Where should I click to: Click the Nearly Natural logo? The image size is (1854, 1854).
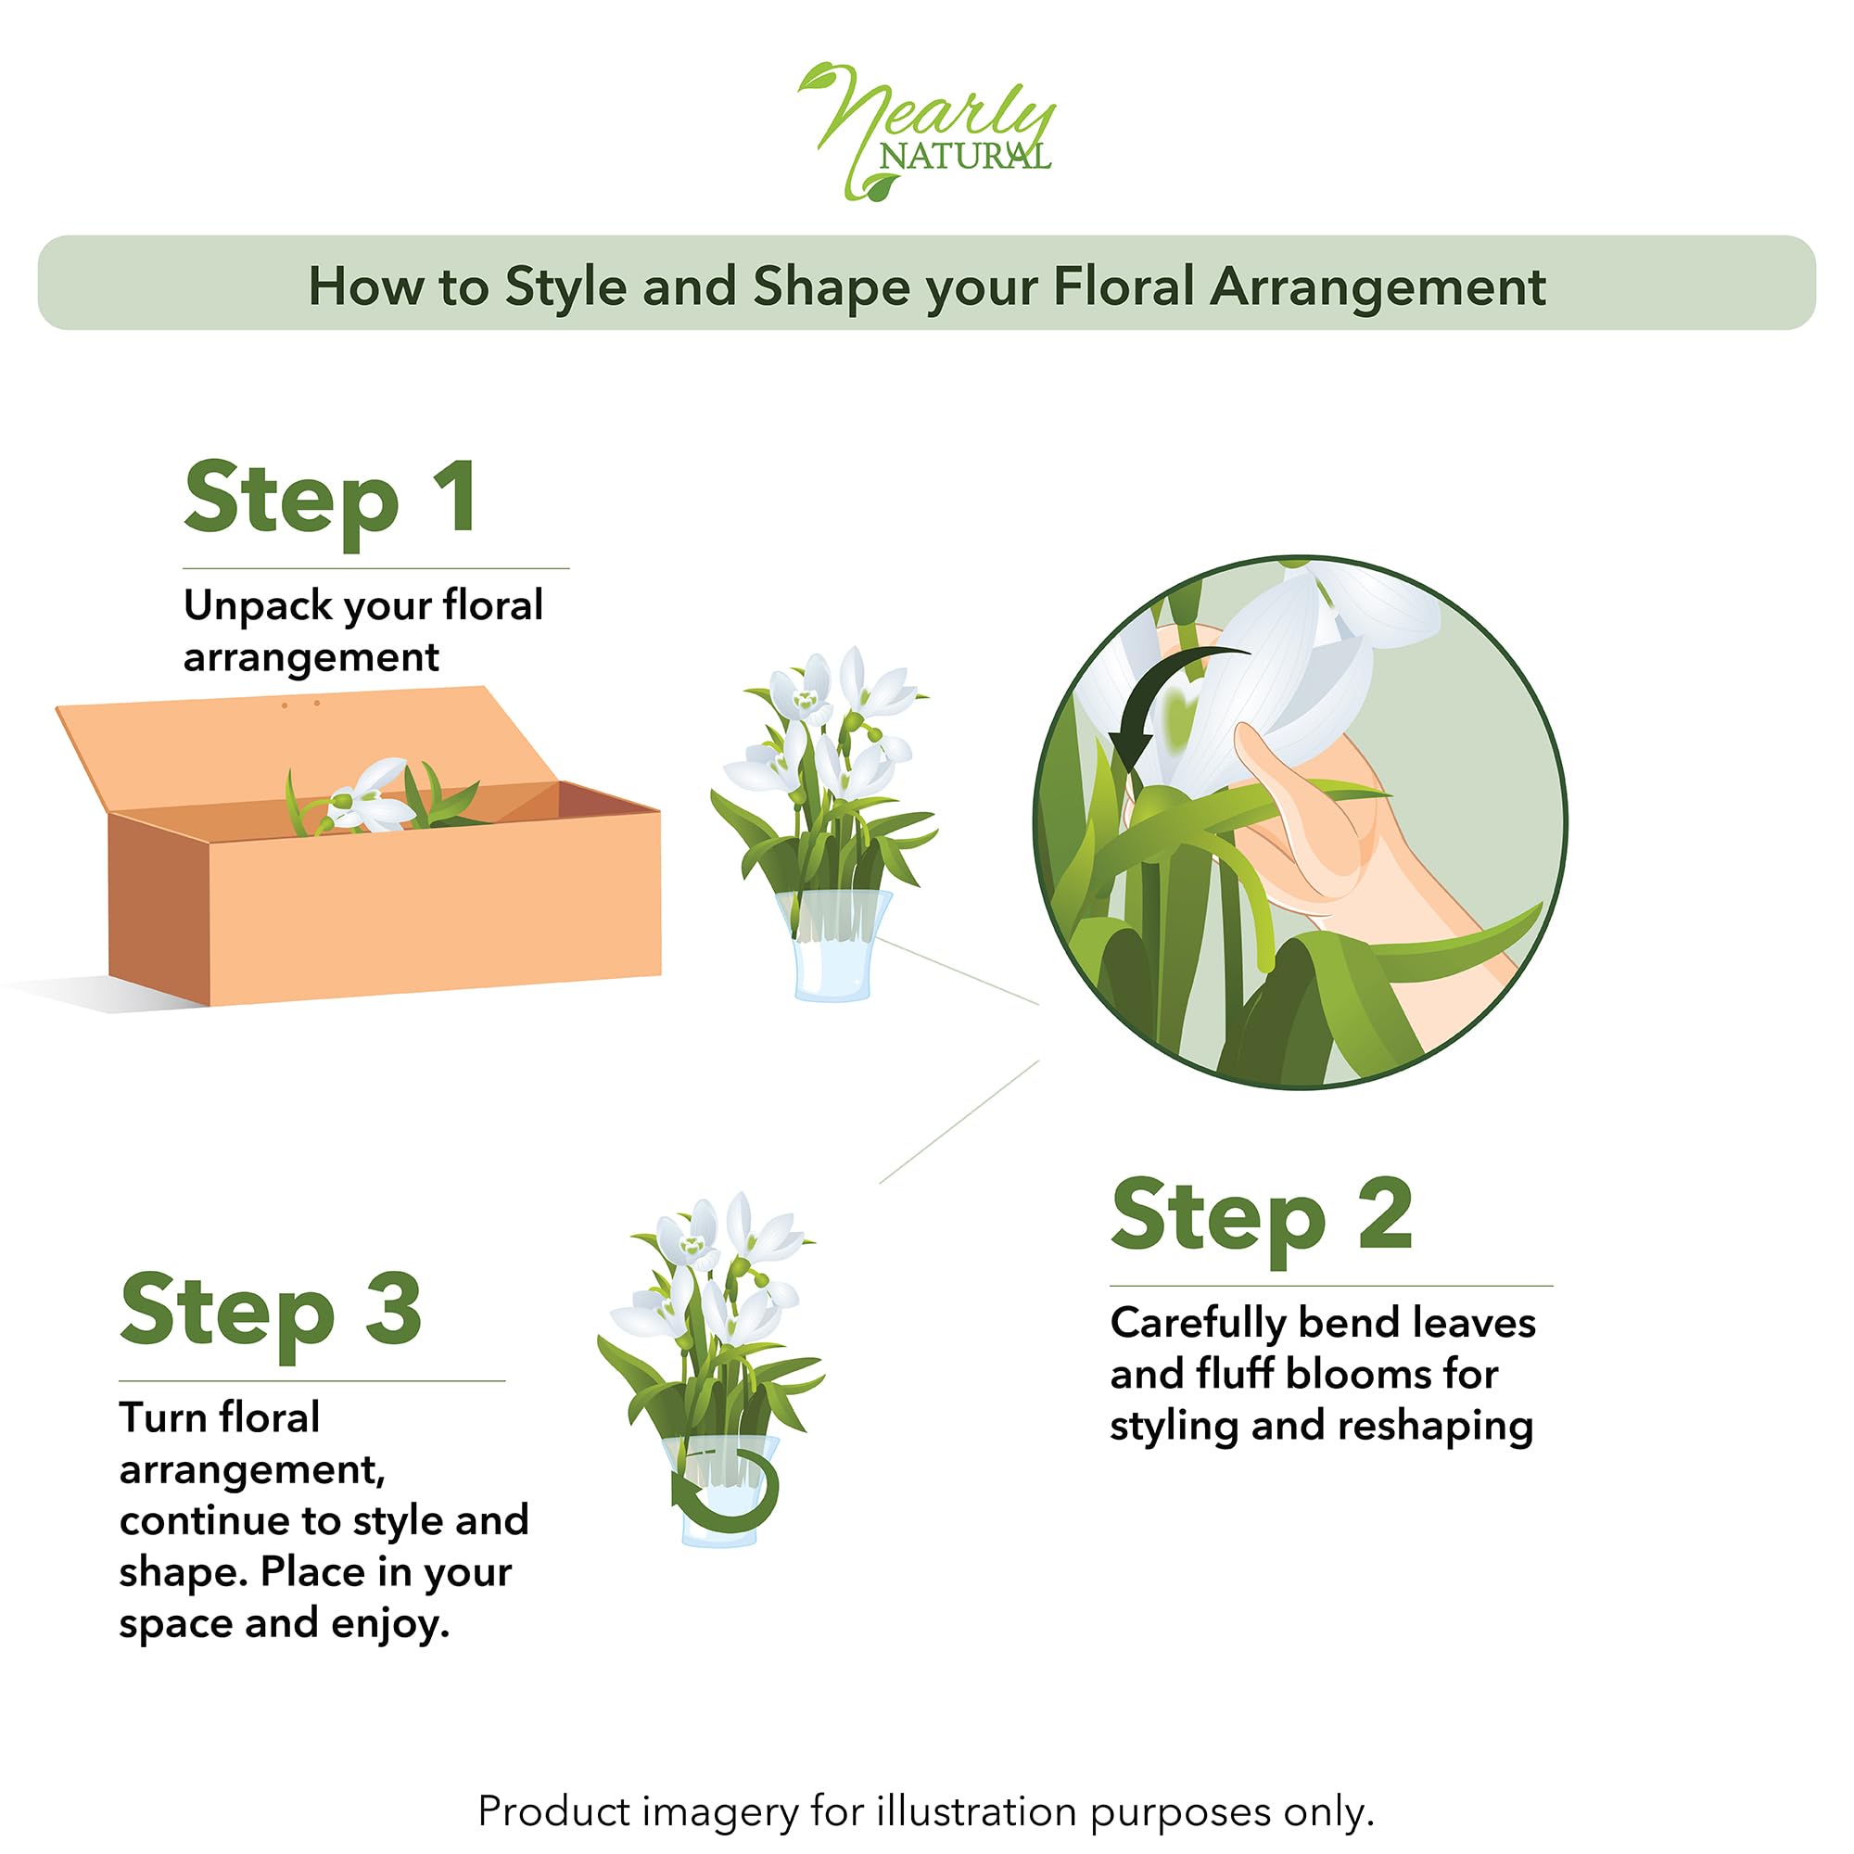pyautogui.click(x=926, y=132)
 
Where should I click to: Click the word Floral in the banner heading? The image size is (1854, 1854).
pyautogui.click(x=1124, y=287)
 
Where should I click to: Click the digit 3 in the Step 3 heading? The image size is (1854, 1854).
pyautogui.click(x=393, y=1309)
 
